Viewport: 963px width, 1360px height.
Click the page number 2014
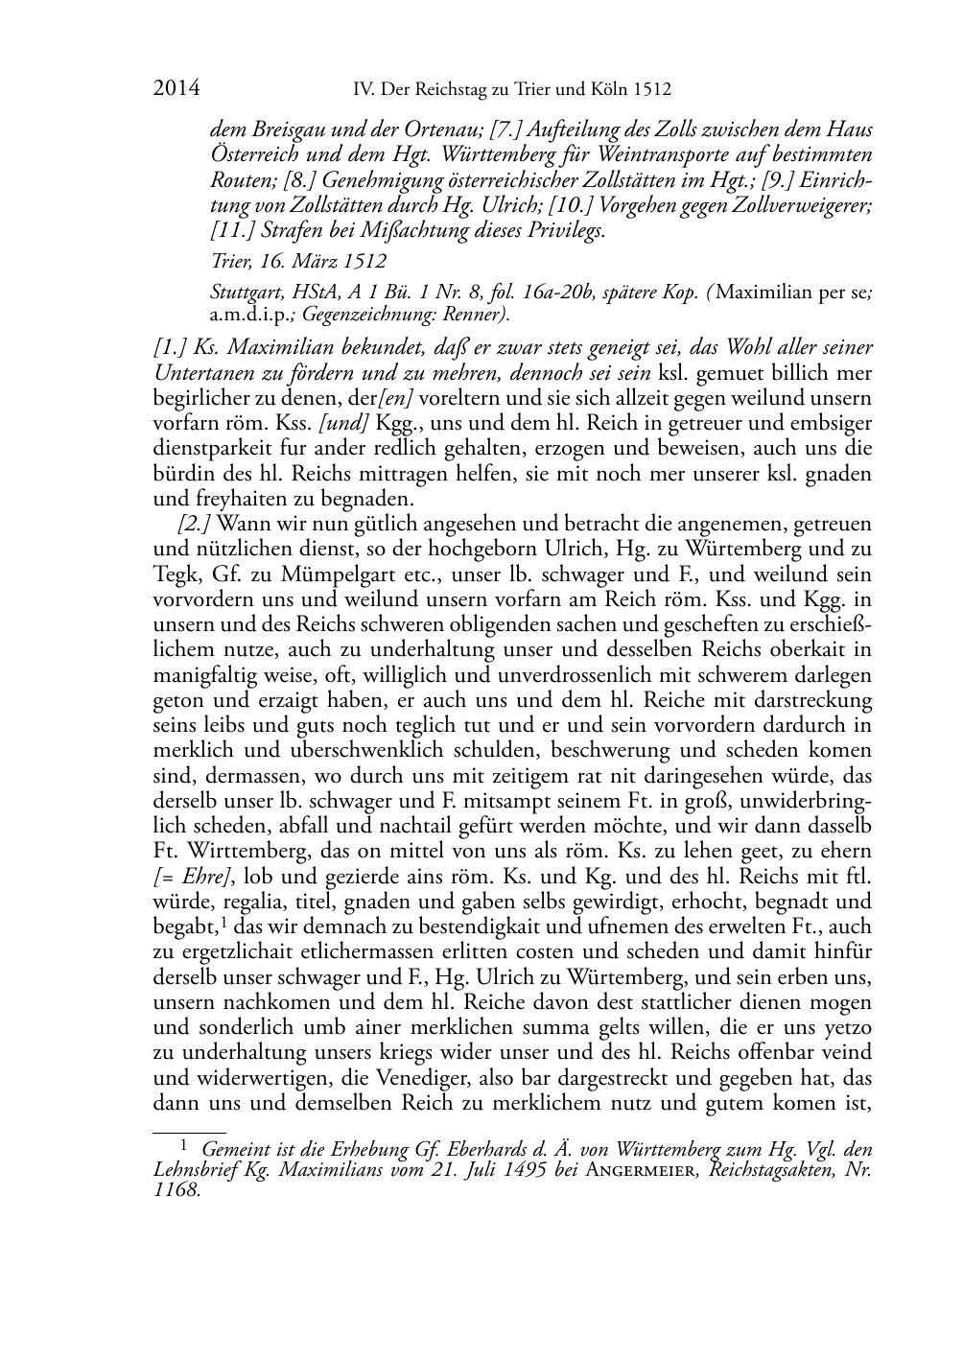(176, 89)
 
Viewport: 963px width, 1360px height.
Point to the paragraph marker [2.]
(196, 524)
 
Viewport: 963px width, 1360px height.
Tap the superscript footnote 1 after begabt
(224, 923)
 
